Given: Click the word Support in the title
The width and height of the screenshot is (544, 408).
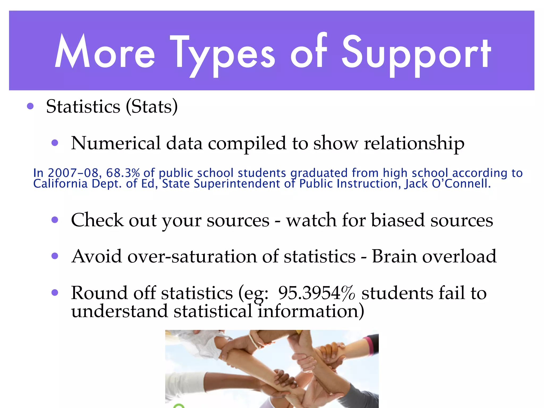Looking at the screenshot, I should (x=416, y=53).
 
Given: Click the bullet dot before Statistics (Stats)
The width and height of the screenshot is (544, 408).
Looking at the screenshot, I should (x=30, y=107).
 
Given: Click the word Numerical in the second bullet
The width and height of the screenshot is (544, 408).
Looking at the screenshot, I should (x=116, y=143).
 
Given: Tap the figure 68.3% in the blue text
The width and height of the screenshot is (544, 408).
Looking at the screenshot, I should (x=123, y=173).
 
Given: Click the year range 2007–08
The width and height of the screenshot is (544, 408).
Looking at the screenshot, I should (x=73, y=173).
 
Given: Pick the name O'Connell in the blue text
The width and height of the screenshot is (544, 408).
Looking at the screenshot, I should (x=461, y=184).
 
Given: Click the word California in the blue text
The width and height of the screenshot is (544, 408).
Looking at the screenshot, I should (x=60, y=184).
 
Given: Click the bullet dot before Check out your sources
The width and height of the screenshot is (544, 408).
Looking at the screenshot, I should (x=55, y=220).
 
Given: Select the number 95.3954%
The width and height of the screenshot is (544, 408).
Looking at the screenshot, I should (x=316, y=293).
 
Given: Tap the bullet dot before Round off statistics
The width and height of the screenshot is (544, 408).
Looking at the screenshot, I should (x=55, y=293).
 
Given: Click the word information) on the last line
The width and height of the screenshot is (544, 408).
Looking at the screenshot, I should (x=311, y=311).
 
